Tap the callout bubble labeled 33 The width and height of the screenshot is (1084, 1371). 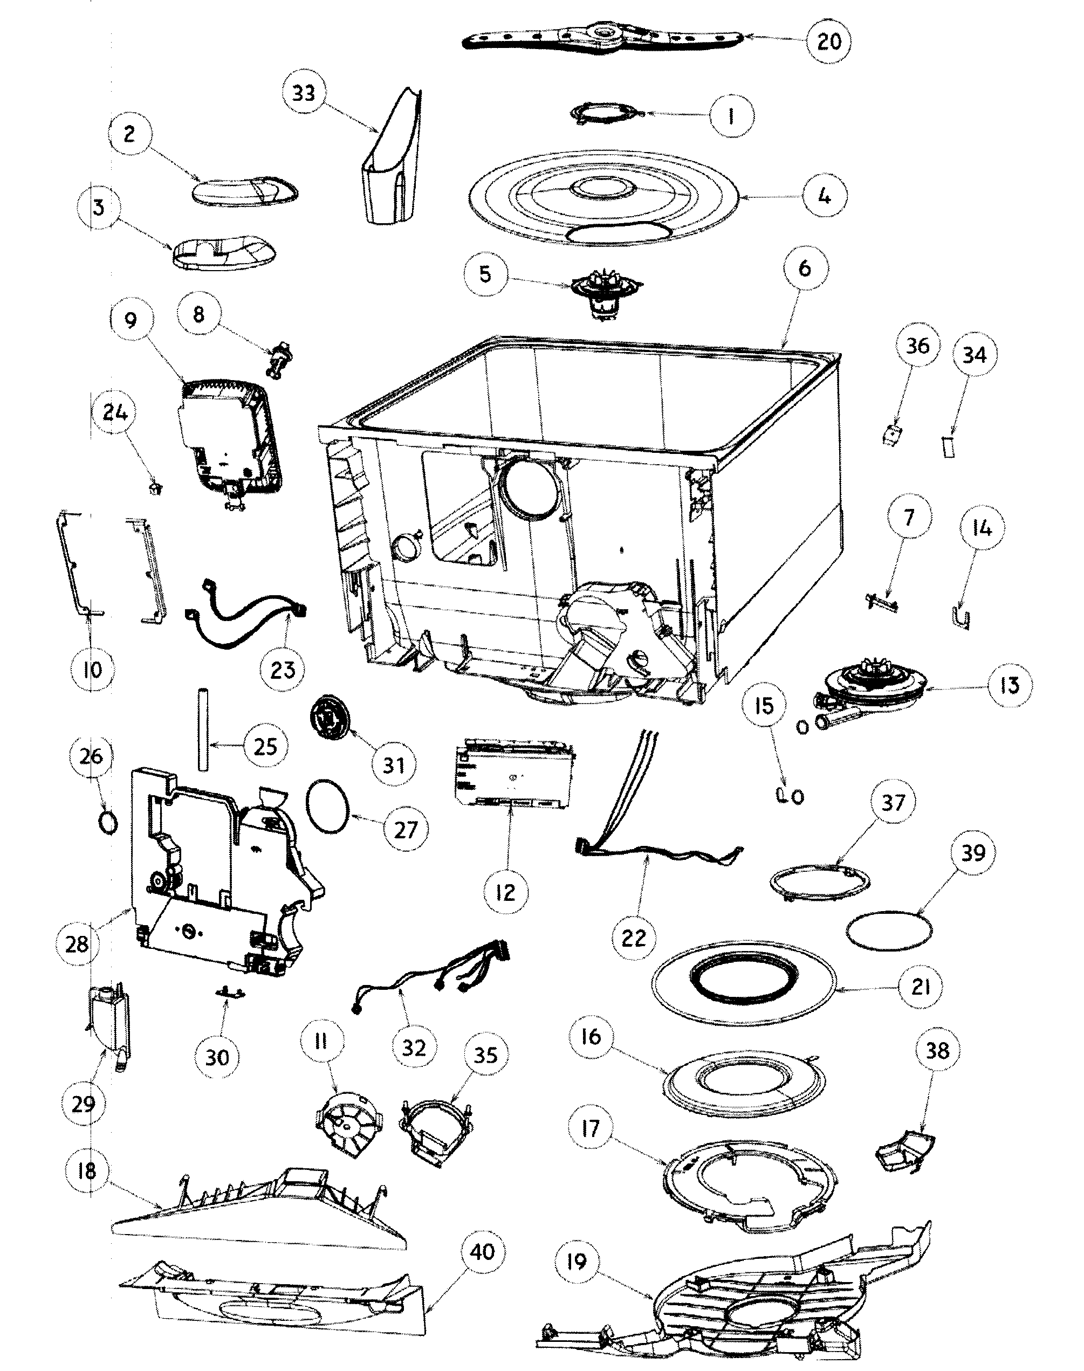tap(304, 93)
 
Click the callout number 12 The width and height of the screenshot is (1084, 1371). tap(505, 892)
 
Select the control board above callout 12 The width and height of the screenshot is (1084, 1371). tap(514, 773)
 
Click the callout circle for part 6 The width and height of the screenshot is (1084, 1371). tap(804, 268)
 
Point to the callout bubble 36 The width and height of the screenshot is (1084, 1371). tap(917, 347)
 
